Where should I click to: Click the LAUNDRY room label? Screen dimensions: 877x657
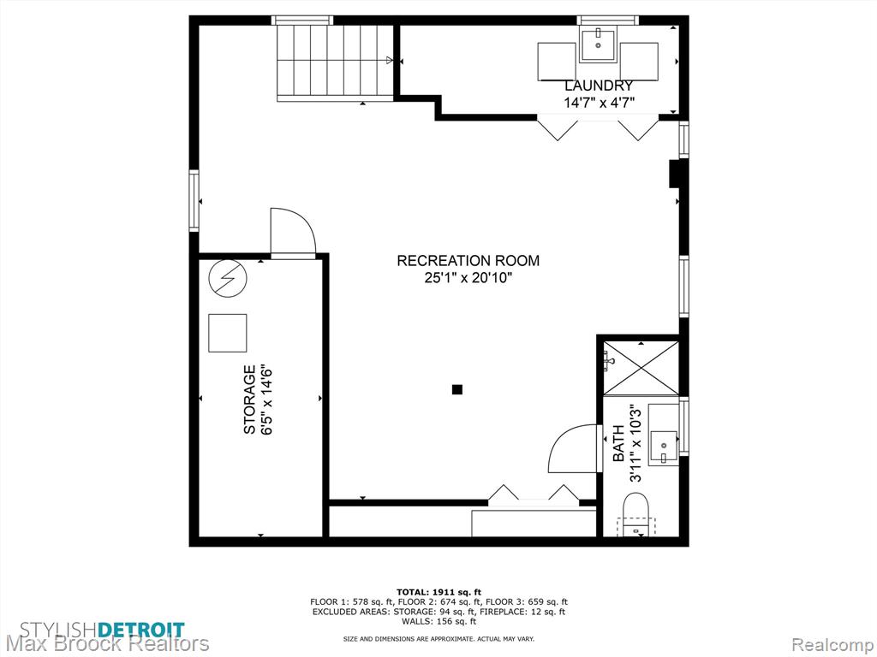(x=599, y=86)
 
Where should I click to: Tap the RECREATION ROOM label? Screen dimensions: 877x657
(x=468, y=260)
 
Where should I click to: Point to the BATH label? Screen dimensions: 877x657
(x=618, y=443)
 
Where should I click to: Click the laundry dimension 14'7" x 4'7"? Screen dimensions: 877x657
(x=599, y=103)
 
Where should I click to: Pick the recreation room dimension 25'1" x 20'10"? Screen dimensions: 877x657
(x=468, y=278)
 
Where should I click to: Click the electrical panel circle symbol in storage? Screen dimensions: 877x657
(x=227, y=278)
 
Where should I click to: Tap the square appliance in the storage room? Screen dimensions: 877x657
(x=228, y=333)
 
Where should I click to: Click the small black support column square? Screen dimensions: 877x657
(x=457, y=389)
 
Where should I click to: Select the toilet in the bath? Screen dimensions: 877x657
(x=635, y=514)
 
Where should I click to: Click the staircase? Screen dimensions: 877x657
(x=335, y=63)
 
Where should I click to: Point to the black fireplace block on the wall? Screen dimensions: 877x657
(x=674, y=174)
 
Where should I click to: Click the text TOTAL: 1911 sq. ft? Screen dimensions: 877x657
(x=438, y=592)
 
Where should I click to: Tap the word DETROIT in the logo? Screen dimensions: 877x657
(x=141, y=630)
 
